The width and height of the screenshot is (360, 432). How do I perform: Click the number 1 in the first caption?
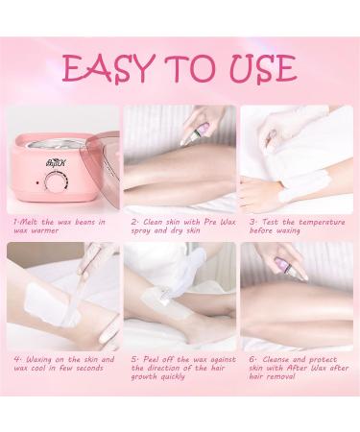[15, 221]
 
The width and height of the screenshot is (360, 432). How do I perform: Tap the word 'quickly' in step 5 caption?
[167, 378]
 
